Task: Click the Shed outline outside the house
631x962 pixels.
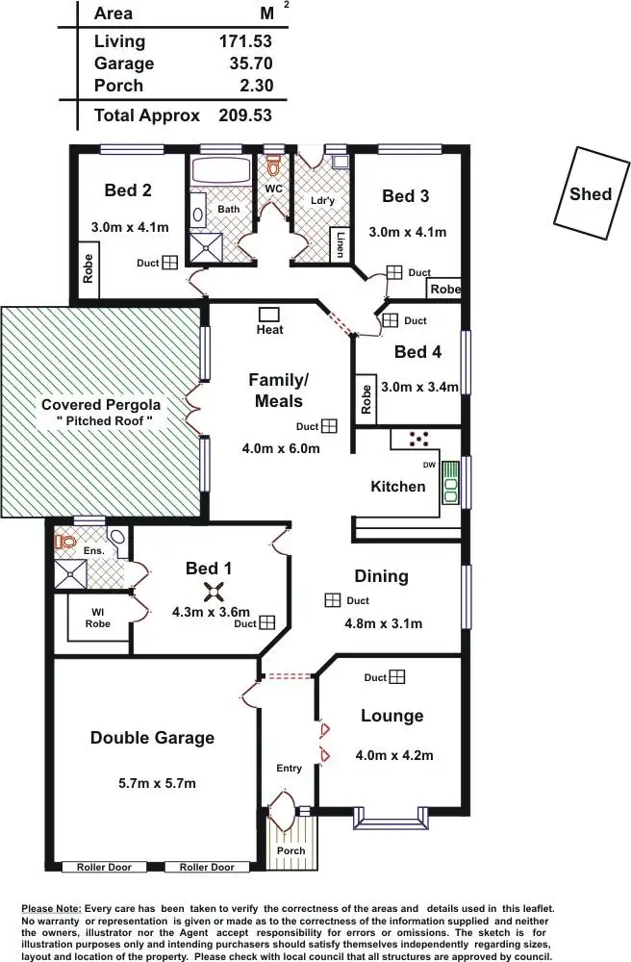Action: pyautogui.click(x=590, y=192)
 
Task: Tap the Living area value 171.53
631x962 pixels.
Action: pyautogui.click(x=245, y=41)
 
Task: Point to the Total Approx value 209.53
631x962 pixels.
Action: pyautogui.click(x=245, y=115)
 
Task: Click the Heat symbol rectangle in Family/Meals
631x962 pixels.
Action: pyautogui.click(x=269, y=314)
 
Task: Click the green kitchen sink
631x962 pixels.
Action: pyautogui.click(x=450, y=486)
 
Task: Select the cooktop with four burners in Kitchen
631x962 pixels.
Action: pyautogui.click(x=419, y=439)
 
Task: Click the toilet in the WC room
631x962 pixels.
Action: pyautogui.click(x=273, y=165)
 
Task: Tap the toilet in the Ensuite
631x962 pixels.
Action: pyautogui.click(x=66, y=543)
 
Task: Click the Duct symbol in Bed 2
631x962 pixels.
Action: pyautogui.click(x=169, y=262)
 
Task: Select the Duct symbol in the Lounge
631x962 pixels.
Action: pyautogui.click(x=397, y=677)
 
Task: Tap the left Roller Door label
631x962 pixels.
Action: pyautogui.click(x=104, y=867)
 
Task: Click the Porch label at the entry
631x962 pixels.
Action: pyautogui.click(x=290, y=850)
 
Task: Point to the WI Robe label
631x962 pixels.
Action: pyautogui.click(x=97, y=618)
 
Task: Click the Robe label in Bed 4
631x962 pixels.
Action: pyautogui.click(x=366, y=400)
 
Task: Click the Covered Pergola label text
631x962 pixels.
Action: pyautogui.click(x=101, y=413)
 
